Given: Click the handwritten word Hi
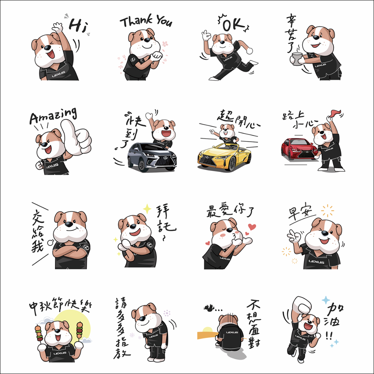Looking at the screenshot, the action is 78,25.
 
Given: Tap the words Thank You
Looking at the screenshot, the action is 146,21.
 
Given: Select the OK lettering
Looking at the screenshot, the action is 233,24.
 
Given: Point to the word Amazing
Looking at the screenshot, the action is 53,116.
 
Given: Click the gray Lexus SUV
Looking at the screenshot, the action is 152,157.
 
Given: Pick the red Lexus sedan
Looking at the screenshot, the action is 299,149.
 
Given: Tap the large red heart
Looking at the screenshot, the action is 252,227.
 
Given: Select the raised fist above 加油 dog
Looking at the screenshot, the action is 302,305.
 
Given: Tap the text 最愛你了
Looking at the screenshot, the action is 230,210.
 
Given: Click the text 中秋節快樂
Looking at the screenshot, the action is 60,305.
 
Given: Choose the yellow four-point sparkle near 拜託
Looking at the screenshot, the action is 147,209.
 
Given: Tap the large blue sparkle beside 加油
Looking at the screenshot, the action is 326,300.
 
